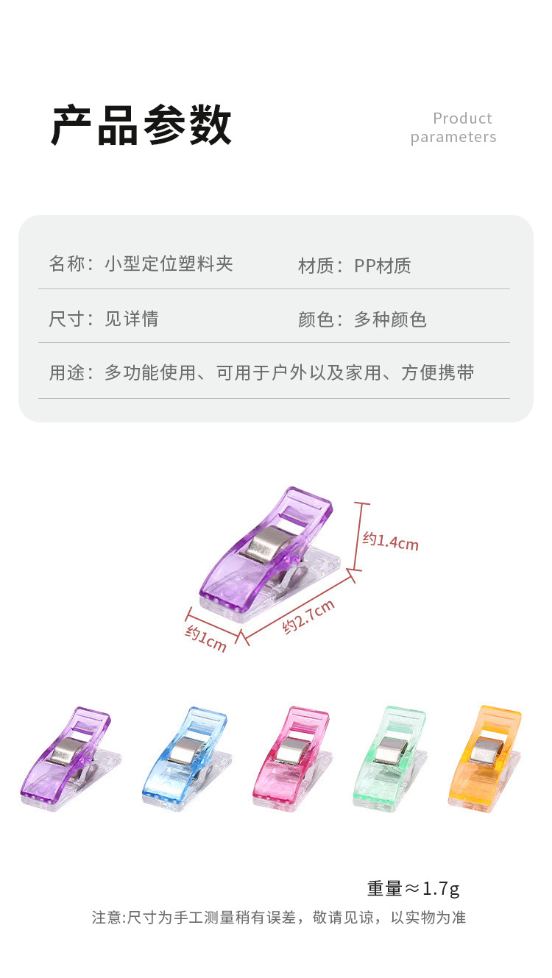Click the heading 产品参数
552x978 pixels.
pyautogui.click(x=141, y=126)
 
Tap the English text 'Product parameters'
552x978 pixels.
pyautogui.click(x=453, y=127)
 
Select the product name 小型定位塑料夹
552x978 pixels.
pyautogui.click(x=169, y=264)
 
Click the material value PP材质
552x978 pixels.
pyautogui.click(x=383, y=266)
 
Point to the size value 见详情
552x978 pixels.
pyautogui.click(x=132, y=319)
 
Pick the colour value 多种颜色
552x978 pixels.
pyautogui.click(x=390, y=319)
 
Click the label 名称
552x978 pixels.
pyautogui.click(x=67, y=264)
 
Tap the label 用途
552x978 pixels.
pyautogui.click(x=67, y=372)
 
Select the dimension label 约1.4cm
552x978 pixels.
pyautogui.click(x=390, y=541)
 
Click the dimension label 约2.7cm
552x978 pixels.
pyautogui.click(x=309, y=617)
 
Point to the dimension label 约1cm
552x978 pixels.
pyautogui.click(x=206, y=637)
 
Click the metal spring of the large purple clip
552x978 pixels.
pyautogui.click(x=265, y=545)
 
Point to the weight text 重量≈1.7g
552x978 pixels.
pyautogui.click(x=413, y=888)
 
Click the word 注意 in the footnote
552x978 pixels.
pyautogui.click(x=107, y=918)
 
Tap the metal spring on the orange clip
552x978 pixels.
pyautogui.click(x=486, y=751)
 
